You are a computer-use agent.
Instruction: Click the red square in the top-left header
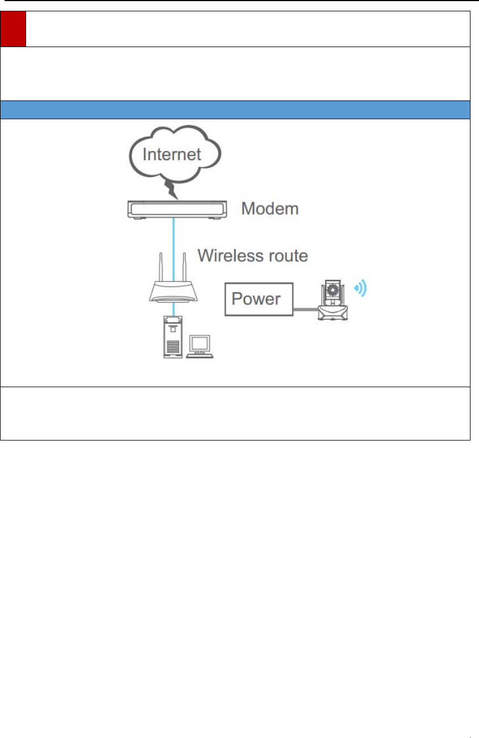pos(14,29)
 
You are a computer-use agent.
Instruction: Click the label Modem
pos(270,208)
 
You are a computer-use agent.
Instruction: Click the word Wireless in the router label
pos(230,255)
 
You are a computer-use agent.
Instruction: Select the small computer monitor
pos(200,343)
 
